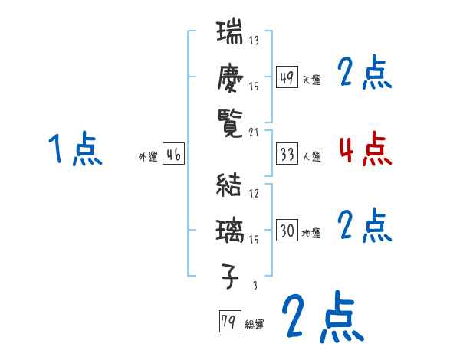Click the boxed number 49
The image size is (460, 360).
click(287, 77)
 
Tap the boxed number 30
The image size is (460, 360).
click(287, 231)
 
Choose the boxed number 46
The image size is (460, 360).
click(173, 155)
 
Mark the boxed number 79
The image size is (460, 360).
click(229, 322)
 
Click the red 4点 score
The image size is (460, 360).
click(365, 149)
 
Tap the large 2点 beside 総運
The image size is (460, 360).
click(323, 318)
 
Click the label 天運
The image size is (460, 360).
click(311, 80)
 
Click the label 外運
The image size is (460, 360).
click(148, 157)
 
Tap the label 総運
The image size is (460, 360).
click(255, 325)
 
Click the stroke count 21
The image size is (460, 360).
click(255, 132)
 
